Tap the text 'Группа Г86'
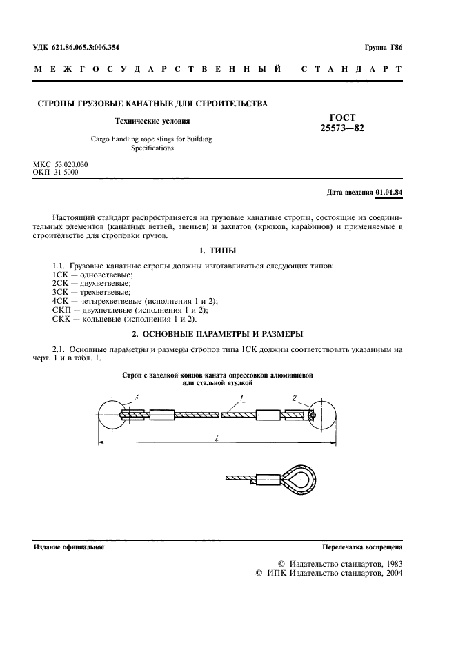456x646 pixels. [x=383, y=47]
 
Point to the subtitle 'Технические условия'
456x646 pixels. [x=152, y=120]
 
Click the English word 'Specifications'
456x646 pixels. [x=152, y=148]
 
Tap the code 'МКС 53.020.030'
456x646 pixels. [x=61, y=164]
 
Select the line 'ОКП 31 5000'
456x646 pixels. [x=56, y=172]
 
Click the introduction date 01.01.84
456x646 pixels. [x=390, y=191]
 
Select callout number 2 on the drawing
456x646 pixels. [x=295, y=398]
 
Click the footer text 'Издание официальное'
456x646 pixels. [x=69, y=547]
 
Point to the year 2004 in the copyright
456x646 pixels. [x=390, y=573]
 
